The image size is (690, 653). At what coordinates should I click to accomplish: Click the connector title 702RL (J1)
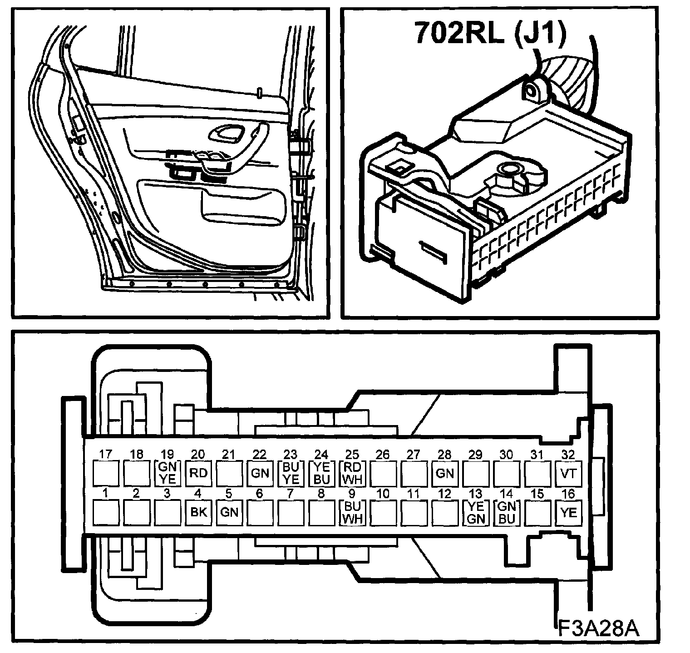tap(490, 33)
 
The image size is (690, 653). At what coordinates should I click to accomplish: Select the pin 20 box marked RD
tap(198, 473)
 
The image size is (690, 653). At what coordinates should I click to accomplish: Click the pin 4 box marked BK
tap(198, 512)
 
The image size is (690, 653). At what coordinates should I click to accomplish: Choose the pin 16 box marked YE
tap(568, 513)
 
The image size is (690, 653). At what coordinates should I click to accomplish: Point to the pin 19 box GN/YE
tap(168, 473)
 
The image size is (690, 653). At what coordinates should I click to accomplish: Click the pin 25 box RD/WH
tap(352, 473)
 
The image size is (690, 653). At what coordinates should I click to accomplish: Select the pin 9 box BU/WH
tap(352, 512)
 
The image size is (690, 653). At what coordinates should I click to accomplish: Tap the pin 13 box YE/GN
tap(475, 513)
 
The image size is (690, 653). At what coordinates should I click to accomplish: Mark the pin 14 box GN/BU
tap(506, 513)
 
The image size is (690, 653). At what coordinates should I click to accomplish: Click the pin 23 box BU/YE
tap(291, 473)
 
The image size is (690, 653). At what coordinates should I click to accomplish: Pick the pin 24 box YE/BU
tap(321, 473)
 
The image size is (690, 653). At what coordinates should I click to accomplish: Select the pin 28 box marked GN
tap(444, 473)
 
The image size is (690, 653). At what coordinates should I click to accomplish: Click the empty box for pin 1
tap(106, 512)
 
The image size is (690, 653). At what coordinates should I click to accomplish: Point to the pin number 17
tap(106, 454)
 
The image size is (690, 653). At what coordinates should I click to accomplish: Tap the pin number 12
tap(445, 494)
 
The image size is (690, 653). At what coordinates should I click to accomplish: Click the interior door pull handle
tap(227, 133)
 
